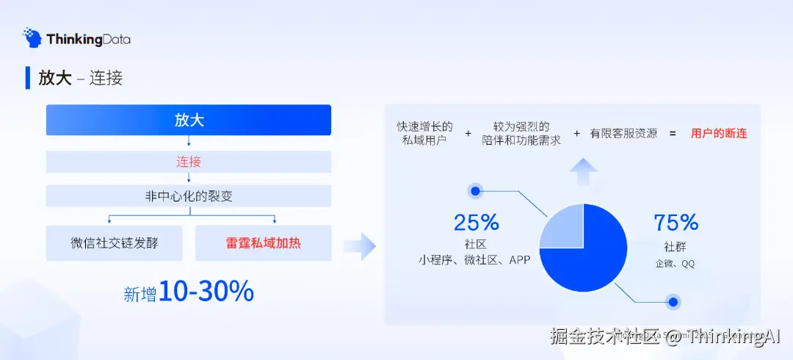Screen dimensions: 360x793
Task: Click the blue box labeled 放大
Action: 189,120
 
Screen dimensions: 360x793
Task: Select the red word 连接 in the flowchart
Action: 189,162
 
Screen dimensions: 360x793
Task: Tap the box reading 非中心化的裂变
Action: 189,196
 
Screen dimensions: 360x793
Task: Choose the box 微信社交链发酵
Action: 114,243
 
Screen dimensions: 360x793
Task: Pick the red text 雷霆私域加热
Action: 263,243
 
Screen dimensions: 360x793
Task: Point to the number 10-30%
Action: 206,292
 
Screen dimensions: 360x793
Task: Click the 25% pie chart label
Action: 476,222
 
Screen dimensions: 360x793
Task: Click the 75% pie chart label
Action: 676,222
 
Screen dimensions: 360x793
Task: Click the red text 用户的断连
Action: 719,134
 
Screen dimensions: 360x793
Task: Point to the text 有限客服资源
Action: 623,134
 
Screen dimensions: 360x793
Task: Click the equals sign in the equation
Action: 672,134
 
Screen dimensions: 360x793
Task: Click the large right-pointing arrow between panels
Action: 359,246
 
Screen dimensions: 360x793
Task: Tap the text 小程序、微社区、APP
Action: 475,260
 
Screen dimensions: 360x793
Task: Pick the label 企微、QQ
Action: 676,263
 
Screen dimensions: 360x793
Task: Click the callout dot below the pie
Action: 672,301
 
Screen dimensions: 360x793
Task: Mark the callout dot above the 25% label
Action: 476,192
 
